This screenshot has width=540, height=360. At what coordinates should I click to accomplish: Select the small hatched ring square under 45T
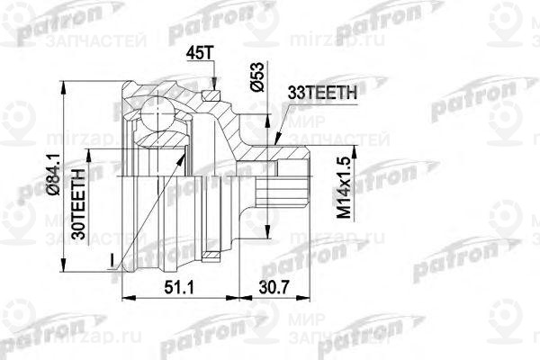(212, 94)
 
